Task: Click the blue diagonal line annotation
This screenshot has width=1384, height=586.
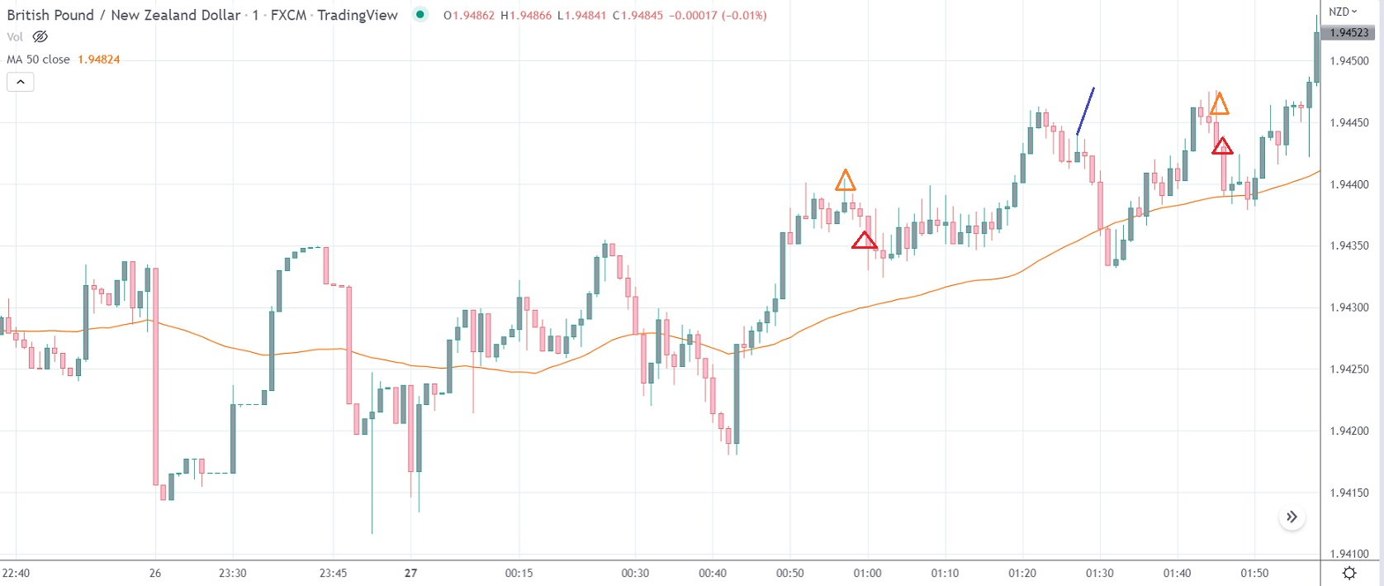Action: (x=1086, y=111)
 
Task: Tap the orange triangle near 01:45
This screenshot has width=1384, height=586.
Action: (x=1219, y=105)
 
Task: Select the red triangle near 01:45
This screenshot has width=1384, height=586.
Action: (x=1222, y=147)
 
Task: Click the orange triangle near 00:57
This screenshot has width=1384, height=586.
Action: (x=845, y=181)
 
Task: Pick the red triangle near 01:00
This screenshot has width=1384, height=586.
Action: (x=864, y=241)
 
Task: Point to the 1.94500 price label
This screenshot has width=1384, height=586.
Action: (x=1349, y=61)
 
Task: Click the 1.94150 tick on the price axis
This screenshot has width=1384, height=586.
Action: (x=1349, y=493)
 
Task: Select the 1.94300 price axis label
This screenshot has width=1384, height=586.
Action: (x=1349, y=307)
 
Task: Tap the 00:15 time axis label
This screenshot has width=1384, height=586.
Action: (x=519, y=573)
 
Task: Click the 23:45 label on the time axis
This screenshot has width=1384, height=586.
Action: (x=333, y=573)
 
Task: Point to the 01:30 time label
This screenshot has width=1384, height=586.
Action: (x=1099, y=573)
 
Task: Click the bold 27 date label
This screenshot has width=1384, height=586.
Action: (x=410, y=573)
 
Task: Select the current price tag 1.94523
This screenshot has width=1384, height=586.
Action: (x=1349, y=33)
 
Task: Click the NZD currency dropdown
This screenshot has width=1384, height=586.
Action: (x=1343, y=12)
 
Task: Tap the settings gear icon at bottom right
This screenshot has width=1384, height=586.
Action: (x=1349, y=573)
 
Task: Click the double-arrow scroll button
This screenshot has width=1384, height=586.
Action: (x=1292, y=517)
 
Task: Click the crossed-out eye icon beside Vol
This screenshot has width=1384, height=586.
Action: (x=40, y=36)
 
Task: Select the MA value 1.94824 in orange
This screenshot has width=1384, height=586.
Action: (x=98, y=60)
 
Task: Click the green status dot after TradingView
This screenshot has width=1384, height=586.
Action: (x=420, y=14)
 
